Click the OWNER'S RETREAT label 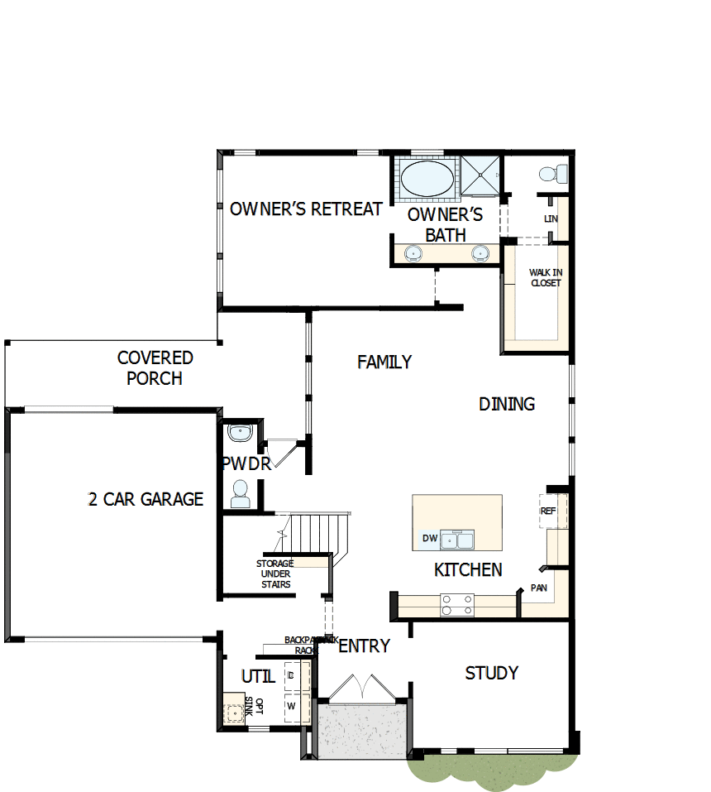tap(306, 209)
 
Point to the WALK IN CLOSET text tap(546, 277)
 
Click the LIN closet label tap(551, 219)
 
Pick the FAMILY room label tap(384, 362)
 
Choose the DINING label tap(507, 404)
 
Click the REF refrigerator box tap(548, 511)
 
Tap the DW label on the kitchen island tap(429, 539)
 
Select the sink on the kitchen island tap(457, 540)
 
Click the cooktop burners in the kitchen tap(457, 605)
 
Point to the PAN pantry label tap(539, 588)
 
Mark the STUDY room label tap(492, 673)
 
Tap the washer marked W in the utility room tap(291, 706)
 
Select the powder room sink tap(241, 433)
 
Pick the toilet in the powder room tap(241, 494)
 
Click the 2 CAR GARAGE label tap(146, 499)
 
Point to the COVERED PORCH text tap(155, 368)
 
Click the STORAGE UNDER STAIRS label tap(275, 574)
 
